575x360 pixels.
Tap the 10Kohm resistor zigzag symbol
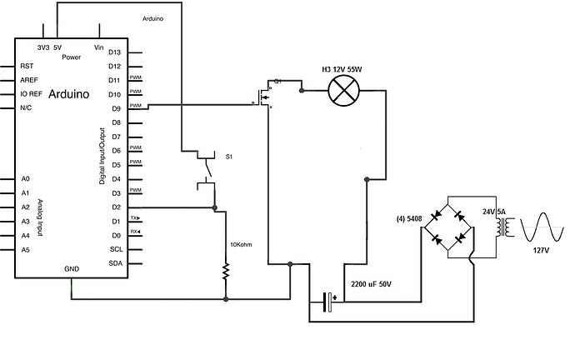[x=225, y=269]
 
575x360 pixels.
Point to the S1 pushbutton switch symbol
[x=205, y=167]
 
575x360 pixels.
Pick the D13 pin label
[x=116, y=52]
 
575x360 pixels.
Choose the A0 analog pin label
[x=26, y=179]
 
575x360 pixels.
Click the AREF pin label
[x=30, y=80]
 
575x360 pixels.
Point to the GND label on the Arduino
[x=72, y=270]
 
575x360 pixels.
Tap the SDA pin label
[x=115, y=263]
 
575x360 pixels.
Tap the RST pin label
[x=27, y=66]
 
